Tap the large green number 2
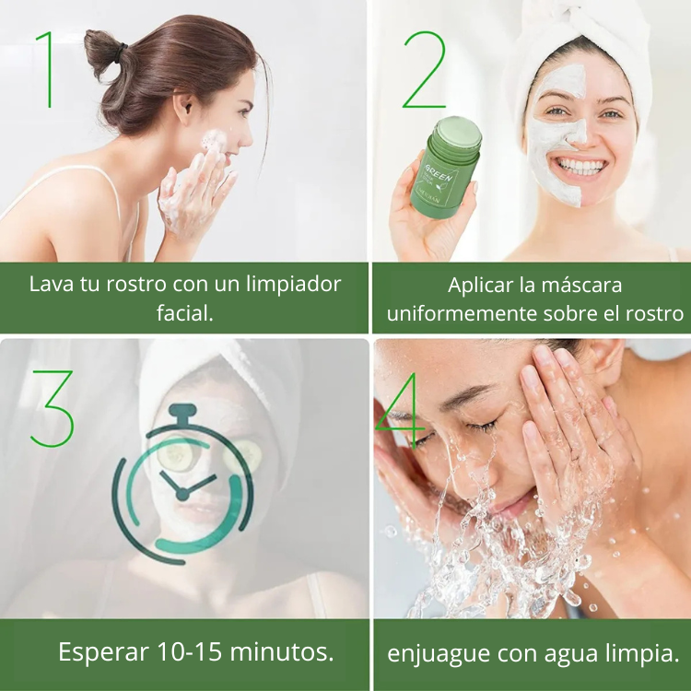point(424,69)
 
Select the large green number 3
point(52,408)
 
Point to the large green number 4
point(399,410)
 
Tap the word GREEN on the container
point(439,172)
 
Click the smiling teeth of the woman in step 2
point(580,166)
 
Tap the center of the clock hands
point(182,495)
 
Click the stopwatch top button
point(182,413)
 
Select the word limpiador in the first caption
point(293,285)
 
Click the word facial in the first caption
point(184,313)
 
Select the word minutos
point(282,651)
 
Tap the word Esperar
point(103,652)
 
